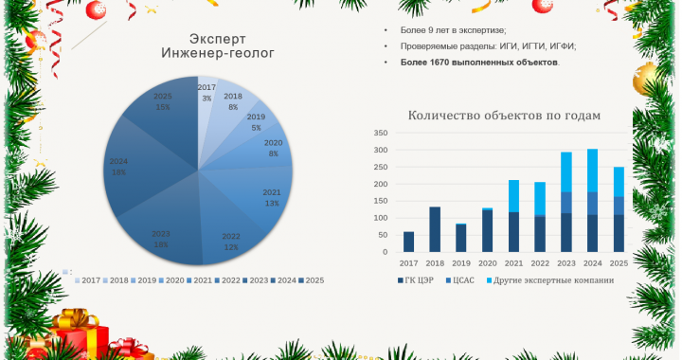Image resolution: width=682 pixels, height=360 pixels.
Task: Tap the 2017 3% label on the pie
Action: [x=206, y=93]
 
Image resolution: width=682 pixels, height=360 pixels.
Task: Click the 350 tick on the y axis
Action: [x=381, y=134]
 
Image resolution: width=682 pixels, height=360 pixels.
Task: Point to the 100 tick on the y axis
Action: [x=381, y=219]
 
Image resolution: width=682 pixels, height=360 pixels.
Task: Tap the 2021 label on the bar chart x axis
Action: [x=513, y=262]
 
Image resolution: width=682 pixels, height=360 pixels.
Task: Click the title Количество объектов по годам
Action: [x=504, y=116]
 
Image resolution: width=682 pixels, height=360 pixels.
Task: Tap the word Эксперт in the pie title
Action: [x=218, y=39]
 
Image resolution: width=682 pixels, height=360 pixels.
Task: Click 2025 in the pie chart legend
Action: [x=314, y=279]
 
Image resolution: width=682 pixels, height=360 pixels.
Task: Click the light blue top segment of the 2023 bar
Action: [x=566, y=171]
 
